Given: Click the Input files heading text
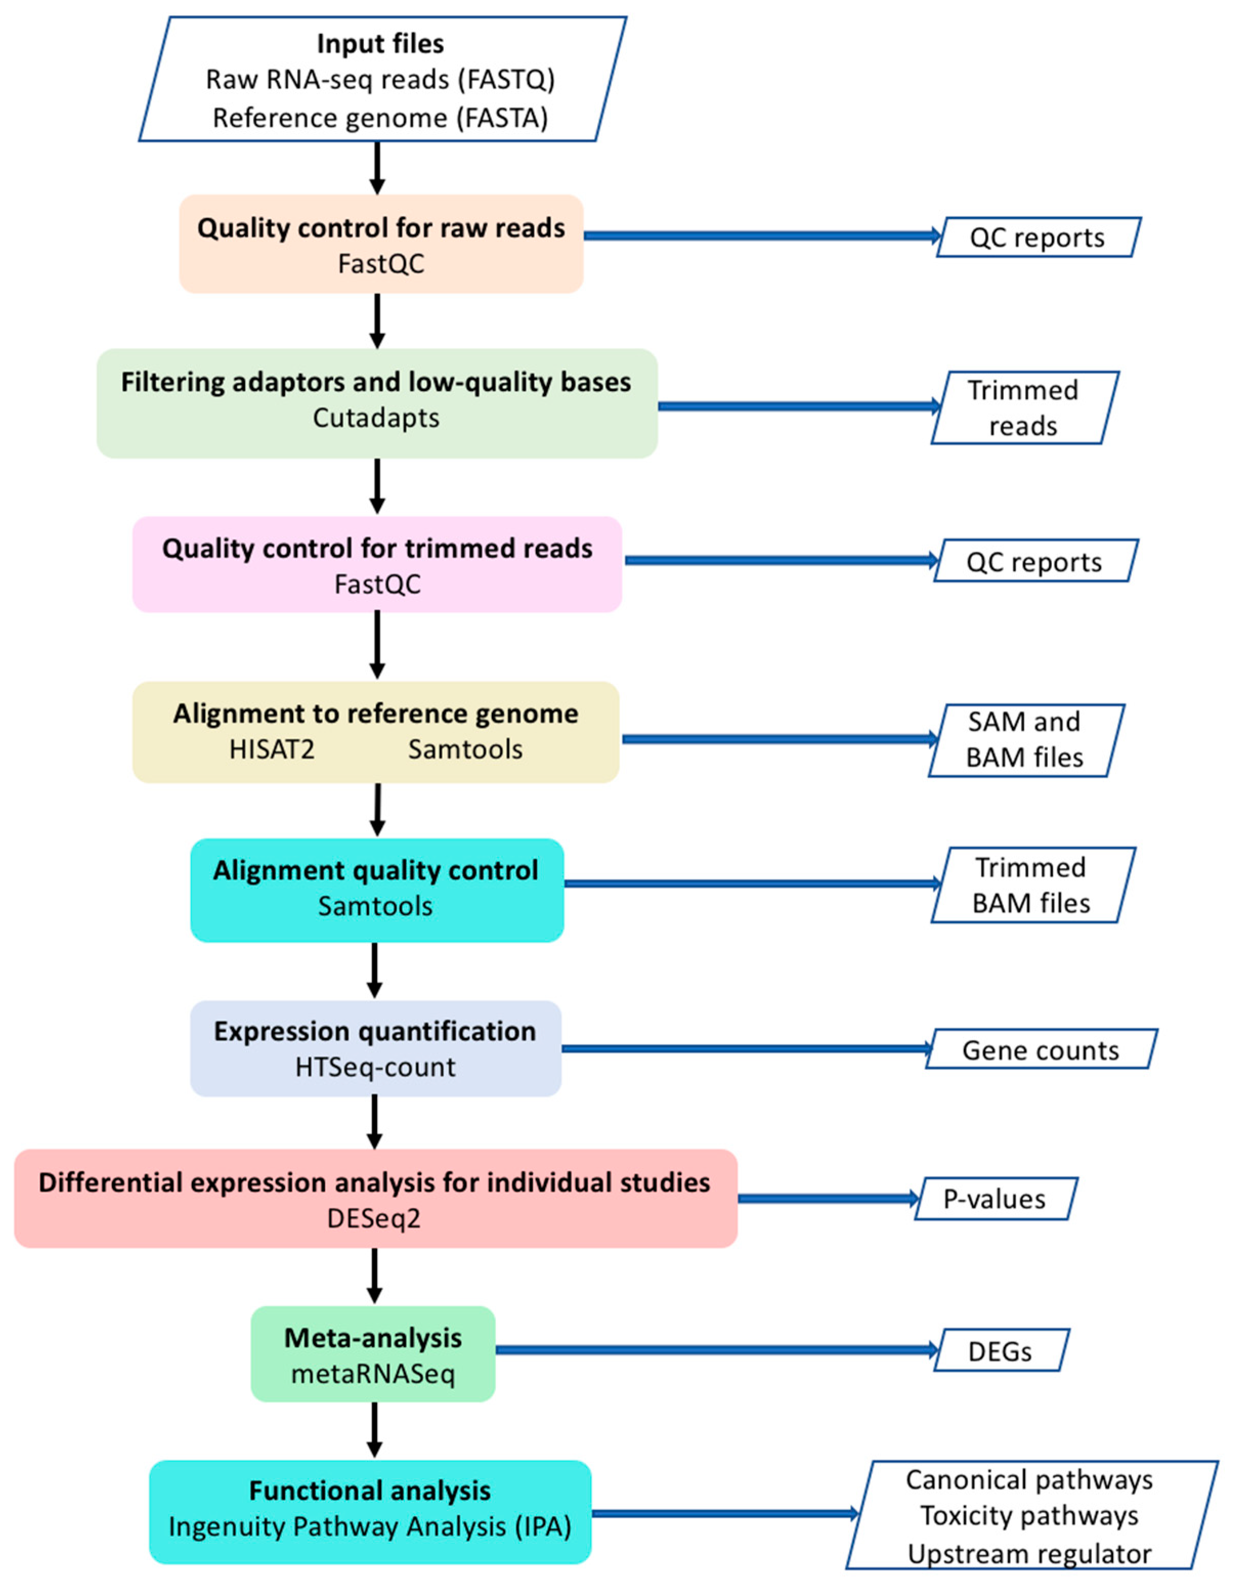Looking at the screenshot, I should tap(380, 44).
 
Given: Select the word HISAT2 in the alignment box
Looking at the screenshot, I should tap(272, 749).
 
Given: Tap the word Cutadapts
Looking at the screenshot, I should tap(376, 418).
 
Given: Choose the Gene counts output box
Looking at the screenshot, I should tap(1040, 1050).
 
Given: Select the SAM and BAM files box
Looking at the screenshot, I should tap(1025, 739).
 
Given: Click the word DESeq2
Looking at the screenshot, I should tap(374, 1218).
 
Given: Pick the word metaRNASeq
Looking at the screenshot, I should tap(373, 1374).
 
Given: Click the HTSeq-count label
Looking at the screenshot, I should tap(375, 1067).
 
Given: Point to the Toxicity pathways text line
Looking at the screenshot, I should tap(1029, 1516).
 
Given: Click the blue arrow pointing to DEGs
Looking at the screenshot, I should tap(716, 1350).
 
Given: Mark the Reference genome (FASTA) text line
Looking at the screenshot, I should tap(380, 118).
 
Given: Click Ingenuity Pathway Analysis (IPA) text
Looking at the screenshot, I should tap(370, 1526).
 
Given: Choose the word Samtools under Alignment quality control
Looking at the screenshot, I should tap(375, 906).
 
